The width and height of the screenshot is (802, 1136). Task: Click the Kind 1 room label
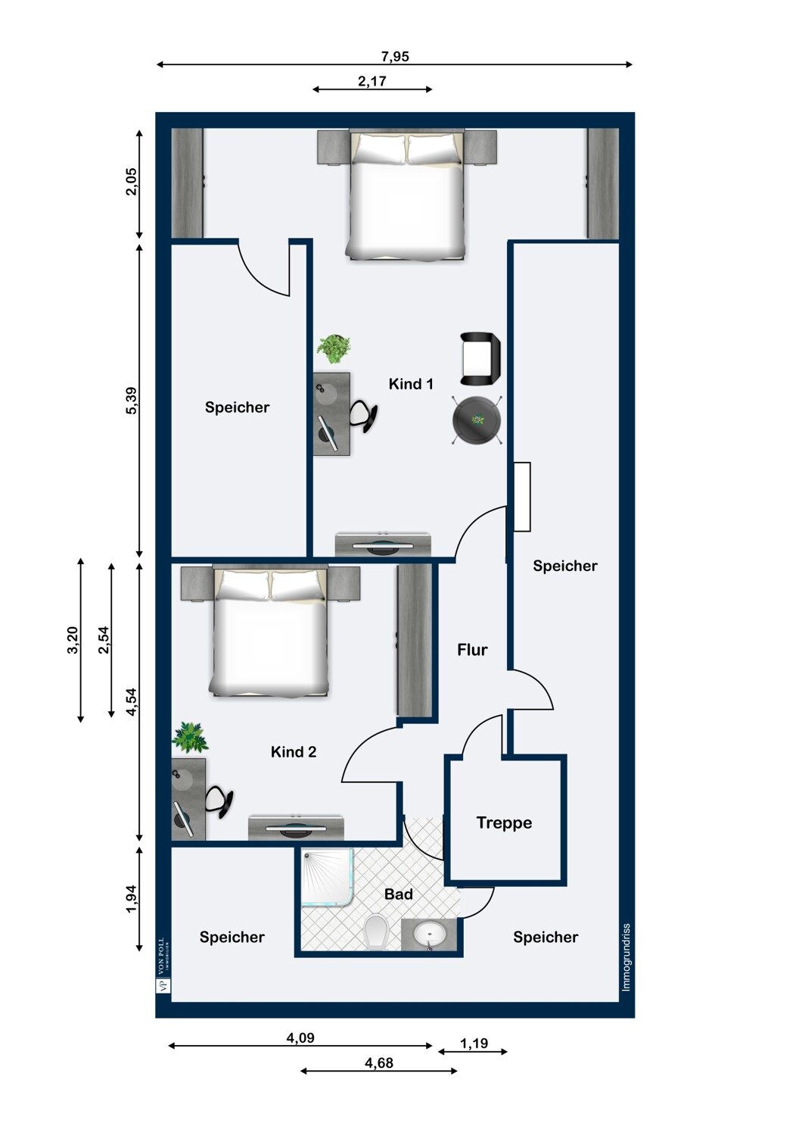pos(411,384)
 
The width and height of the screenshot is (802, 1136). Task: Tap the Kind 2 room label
pos(294,751)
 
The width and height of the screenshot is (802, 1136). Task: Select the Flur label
pos(472,650)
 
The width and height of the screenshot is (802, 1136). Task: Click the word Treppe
pos(504,822)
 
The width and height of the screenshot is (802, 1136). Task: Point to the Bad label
pos(398,894)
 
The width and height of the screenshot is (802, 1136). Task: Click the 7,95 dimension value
pos(395,56)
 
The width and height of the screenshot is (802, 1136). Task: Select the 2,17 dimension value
pos(372,81)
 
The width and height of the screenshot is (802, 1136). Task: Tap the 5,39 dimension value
pos(131,401)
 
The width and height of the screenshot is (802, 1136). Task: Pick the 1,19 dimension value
pos(474,1043)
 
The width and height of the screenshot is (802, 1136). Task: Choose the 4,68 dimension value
pos(379,1063)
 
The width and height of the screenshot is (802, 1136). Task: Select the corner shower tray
pos(327,878)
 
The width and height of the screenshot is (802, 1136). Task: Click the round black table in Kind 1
pos(477,420)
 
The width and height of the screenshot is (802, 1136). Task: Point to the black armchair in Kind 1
pos(480,358)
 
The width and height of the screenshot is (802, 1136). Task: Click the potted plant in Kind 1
pos(334,348)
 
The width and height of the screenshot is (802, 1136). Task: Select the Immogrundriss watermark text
pos(626,957)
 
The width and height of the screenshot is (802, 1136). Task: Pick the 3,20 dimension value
pos(73,640)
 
